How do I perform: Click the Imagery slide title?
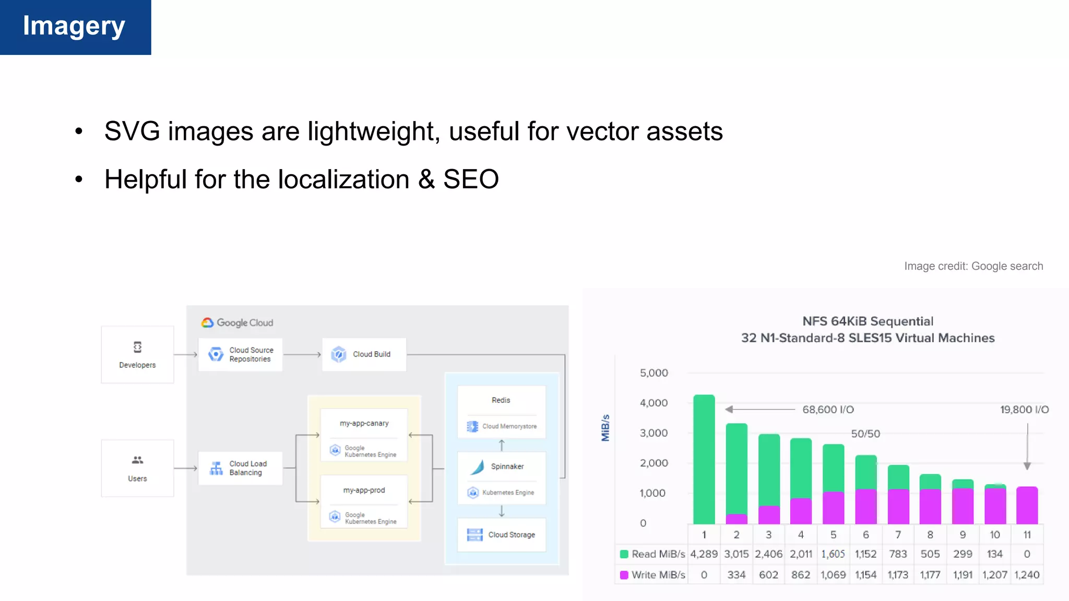[74, 26]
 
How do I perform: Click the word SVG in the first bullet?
[132, 131]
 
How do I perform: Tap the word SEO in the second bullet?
[471, 179]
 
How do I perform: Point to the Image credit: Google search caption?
[973, 266]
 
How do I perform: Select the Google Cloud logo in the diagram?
[237, 323]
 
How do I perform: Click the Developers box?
[137, 355]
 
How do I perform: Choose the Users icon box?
[137, 468]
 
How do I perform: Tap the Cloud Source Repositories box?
[240, 355]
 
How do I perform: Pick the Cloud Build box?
[364, 355]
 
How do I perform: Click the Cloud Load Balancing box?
[240, 468]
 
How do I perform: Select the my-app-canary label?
[364, 424]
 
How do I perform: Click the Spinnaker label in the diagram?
[507, 466]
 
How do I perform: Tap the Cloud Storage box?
[502, 535]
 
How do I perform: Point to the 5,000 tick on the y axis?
[654, 373]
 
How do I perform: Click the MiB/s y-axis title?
[605, 428]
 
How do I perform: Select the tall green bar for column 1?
[704, 459]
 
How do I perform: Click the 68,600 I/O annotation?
[828, 410]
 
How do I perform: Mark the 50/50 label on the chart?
[865, 434]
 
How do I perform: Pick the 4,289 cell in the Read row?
[704, 554]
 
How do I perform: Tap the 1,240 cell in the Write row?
[1027, 575]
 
